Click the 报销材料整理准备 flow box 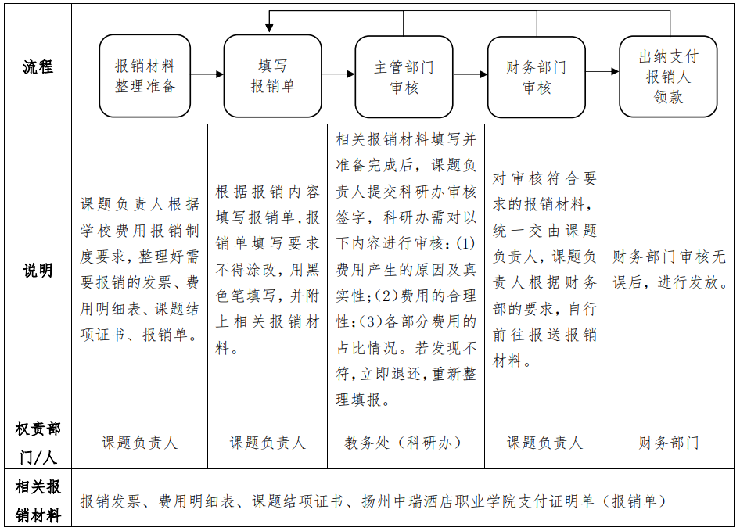[145, 76]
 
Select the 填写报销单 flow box [272, 76]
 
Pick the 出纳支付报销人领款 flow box [668, 77]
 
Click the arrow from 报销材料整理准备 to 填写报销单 [207, 75]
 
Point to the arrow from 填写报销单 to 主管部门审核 [338, 74]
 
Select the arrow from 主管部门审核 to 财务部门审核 [470, 75]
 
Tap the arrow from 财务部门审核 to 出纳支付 [602, 72]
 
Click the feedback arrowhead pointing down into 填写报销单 [269, 27]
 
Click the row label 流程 [38, 66]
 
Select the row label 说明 [38, 271]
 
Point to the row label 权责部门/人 [38, 442]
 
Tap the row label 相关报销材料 [38, 501]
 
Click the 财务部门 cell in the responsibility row [669, 443]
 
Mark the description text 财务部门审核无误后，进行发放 [670, 270]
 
